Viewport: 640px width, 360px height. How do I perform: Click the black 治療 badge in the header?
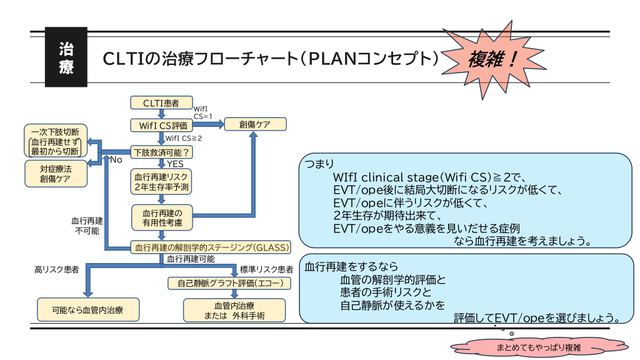(66, 58)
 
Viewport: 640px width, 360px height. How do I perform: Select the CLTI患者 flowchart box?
(161, 102)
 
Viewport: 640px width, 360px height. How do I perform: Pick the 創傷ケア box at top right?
(255, 124)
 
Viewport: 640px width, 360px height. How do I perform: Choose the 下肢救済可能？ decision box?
(161, 152)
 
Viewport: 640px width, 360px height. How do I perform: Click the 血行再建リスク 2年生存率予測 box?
(162, 181)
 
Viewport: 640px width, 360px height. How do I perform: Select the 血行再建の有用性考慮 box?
(162, 217)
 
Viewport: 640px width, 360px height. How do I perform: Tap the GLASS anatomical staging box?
(212, 247)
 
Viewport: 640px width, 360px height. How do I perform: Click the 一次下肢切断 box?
(55, 142)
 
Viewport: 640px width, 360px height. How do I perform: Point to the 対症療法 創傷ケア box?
(55, 173)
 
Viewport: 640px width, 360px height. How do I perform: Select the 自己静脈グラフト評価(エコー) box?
(230, 284)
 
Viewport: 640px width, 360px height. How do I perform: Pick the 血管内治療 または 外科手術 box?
(234, 310)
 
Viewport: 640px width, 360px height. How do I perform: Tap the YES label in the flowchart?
(176, 164)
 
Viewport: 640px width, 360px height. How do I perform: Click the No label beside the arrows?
(116, 160)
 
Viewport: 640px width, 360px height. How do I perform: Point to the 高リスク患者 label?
(56, 270)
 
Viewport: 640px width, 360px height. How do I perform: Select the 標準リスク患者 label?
(266, 270)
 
